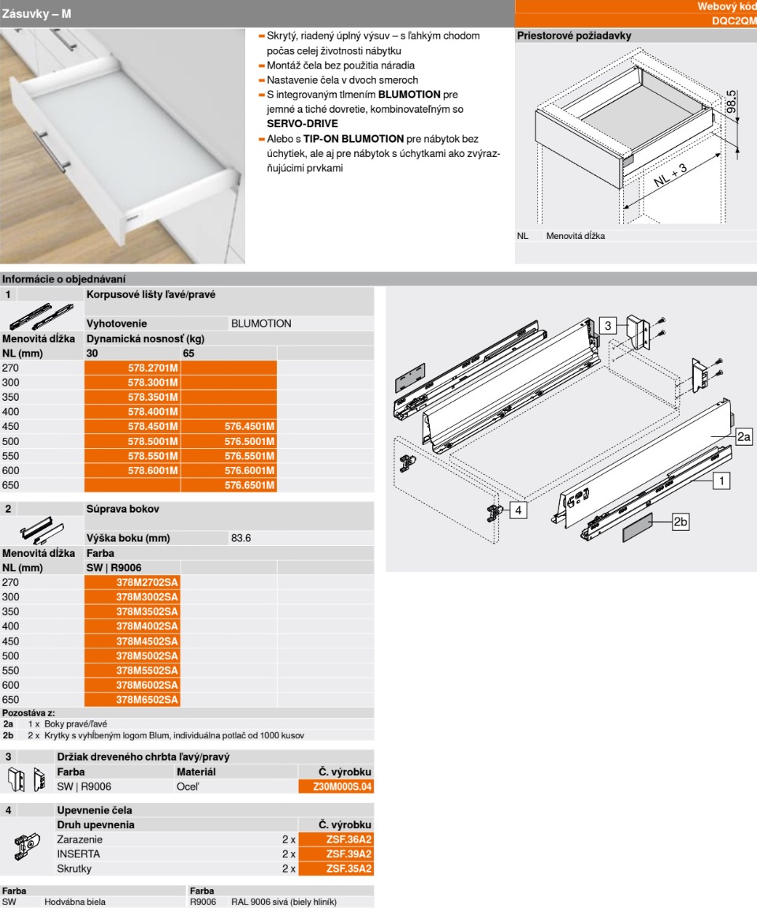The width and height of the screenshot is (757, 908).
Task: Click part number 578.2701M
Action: point(153,368)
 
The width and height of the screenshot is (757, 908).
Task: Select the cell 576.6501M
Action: point(249,484)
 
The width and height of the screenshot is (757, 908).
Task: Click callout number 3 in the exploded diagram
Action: point(608,324)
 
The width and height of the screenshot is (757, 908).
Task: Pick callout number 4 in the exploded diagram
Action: point(518,510)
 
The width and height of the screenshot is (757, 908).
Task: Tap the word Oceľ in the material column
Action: point(187,787)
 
